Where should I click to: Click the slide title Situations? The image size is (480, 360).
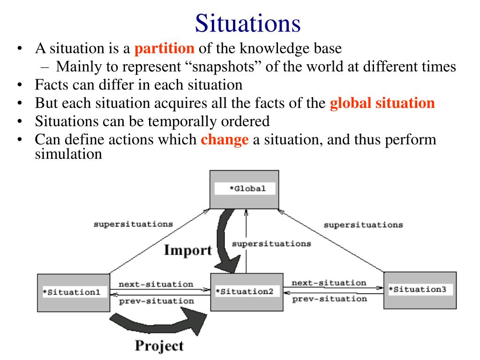(247, 23)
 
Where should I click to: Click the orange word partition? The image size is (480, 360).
(164, 48)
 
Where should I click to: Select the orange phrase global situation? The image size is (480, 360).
(382, 103)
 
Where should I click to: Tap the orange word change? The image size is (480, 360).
(225, 140)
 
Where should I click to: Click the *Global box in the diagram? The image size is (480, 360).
(244, 189)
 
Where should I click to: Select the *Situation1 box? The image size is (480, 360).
(73, 292)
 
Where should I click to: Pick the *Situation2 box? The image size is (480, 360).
(247, 292)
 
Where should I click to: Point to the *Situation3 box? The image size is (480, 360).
(420, 290)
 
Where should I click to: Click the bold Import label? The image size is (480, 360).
(187, 250)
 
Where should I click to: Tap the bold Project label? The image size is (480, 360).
(159, 346)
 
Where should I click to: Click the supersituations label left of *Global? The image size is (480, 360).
(133, 224)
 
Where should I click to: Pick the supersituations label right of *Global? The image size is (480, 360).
(363, 225)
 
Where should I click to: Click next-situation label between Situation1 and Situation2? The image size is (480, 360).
(156, 284)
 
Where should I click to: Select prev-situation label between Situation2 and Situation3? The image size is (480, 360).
(330, 299)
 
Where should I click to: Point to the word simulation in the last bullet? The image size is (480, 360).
(68, 154)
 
